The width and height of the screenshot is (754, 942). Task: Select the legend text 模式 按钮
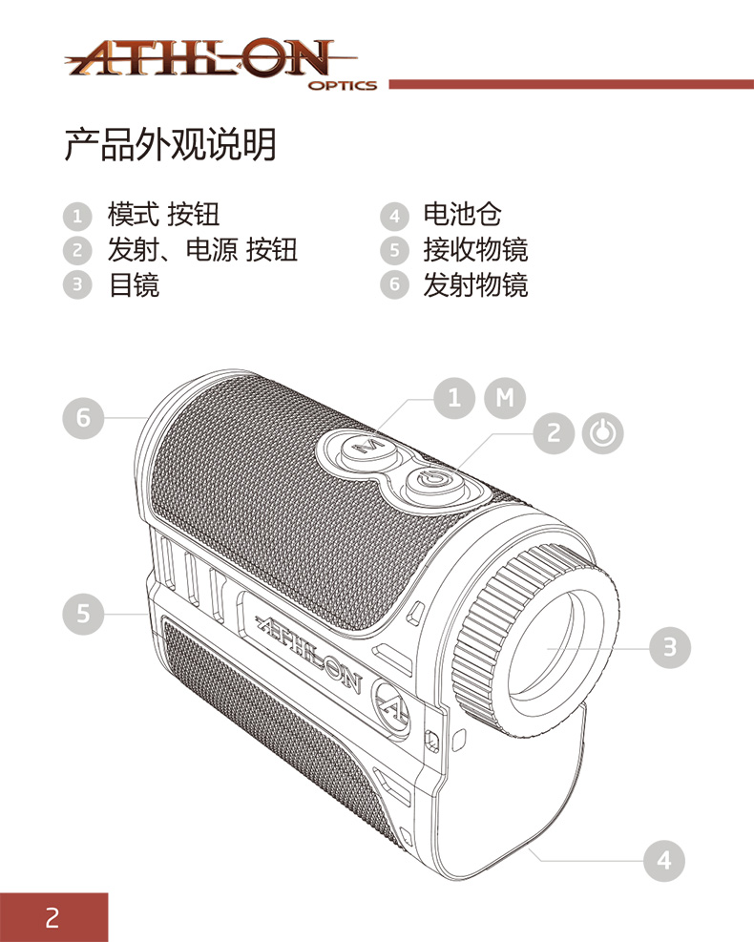click(163, 214)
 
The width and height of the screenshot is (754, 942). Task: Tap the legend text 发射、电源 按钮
click(202, 249)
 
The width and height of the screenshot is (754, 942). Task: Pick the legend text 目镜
click(134, 283)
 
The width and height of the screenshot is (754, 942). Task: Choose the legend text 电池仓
click(462, 214)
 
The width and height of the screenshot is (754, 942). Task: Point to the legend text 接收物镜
click(475, 249)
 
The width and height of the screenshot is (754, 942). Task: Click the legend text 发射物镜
click(475, 283)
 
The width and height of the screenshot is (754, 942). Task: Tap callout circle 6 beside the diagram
click(84, 418)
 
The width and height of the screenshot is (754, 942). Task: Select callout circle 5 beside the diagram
click(84, 613)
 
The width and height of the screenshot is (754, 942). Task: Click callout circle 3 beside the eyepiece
click(670, 646)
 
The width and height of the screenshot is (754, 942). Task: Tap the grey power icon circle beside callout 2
click(602, 433)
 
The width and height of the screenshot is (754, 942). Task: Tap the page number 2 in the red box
click(53, 917)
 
